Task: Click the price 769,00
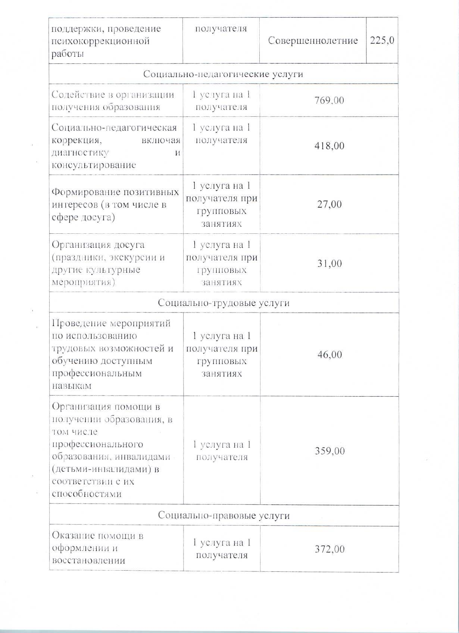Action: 329,100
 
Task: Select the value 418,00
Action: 329,146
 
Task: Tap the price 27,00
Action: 329,204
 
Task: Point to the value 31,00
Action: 329,263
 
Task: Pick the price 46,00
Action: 329,354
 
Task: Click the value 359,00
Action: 329,451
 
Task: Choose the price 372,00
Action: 329,549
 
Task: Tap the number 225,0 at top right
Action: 382,40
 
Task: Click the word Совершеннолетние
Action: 313,40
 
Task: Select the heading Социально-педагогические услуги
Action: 223,74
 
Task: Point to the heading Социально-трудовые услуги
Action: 224,302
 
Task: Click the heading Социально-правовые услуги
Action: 224,515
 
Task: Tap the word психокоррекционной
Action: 100,41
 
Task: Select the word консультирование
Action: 94,165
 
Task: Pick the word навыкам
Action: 72,386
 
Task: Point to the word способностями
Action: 87,494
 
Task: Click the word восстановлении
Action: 88,561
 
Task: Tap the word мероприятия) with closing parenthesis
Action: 83,282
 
